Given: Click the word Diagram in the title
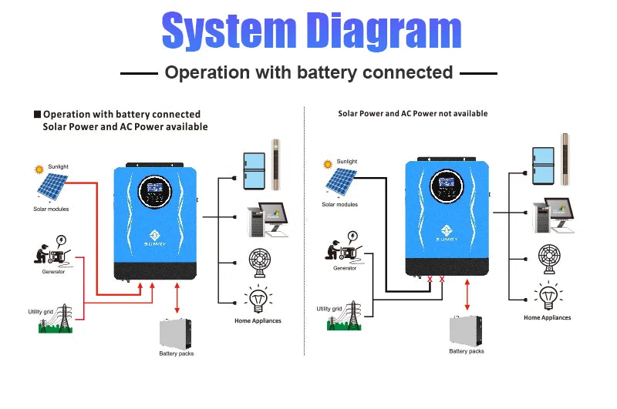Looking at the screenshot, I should [386, 32].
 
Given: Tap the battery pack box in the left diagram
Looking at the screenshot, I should [177, 333].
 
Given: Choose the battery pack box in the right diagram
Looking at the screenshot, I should [467, 330].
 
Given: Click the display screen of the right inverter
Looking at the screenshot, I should [445, 193].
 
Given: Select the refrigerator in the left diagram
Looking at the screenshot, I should [254, 169].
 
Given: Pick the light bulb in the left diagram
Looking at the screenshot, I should [257, 299].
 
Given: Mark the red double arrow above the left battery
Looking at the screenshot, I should [177, 298].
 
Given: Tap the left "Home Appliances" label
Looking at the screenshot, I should [258, 320].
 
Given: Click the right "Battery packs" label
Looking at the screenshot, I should [467, 351].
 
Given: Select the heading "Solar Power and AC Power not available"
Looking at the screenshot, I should [413, 113].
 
